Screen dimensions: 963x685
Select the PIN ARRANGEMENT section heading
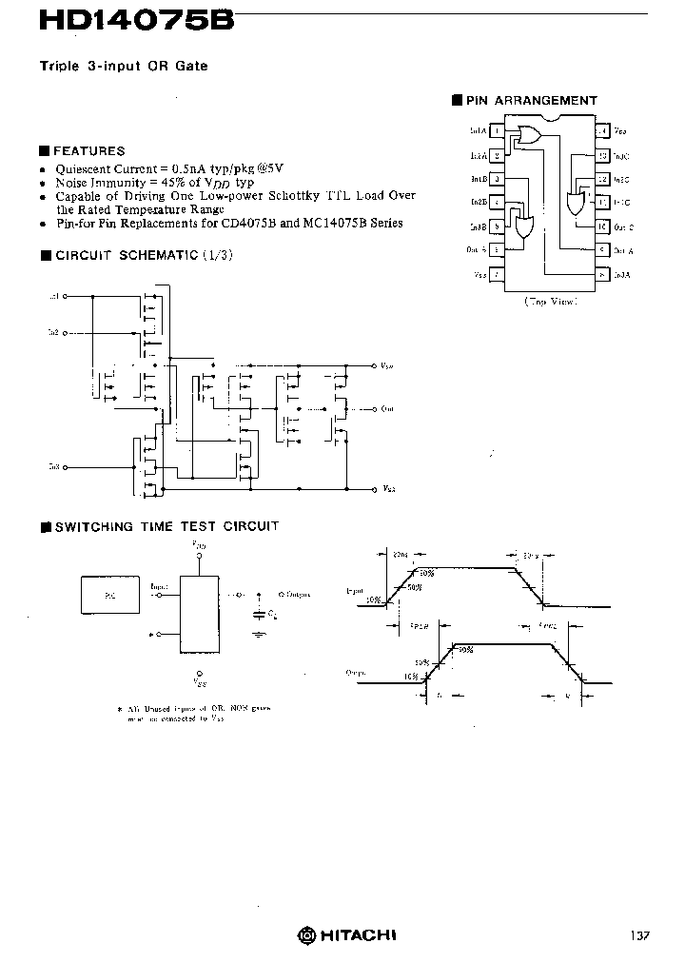pyautogui.click(x=531, y=100)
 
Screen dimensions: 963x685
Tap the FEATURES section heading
pyautogui.click(x=88, y=150)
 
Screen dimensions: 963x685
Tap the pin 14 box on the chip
pyautogui.click(x=602, y=130)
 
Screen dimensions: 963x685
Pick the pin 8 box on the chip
pyautogui.click(x=602, y=274)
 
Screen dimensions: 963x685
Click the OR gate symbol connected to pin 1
pyautogui.click(x=526, y=136)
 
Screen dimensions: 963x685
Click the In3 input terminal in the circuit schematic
pyautogui.click(x=53, y=467)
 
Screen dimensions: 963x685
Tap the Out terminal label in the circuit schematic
pyautogui.click(x=386, y=409)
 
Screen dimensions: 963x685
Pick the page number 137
pyautogui.click(x=639, y=935)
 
